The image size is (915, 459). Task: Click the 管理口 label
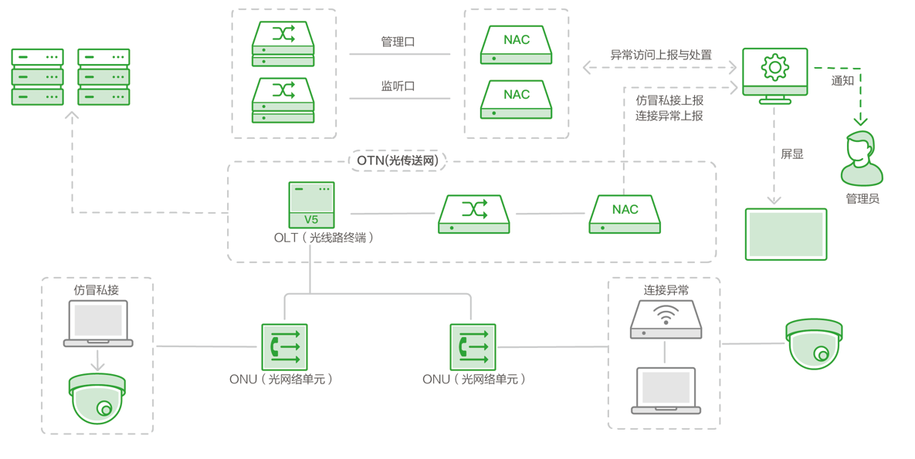(x=398, y=42)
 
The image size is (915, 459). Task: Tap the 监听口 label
(x=398, y=86)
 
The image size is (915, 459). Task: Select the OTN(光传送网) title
(x=398, y=160)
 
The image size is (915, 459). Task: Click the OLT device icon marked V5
(x=311, y=205)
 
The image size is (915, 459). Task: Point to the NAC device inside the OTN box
(x=625, y=214)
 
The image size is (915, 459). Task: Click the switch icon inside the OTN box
(x=473, y=214)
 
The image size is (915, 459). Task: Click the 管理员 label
(x=862, y=199)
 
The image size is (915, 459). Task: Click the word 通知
(x=842, y=80)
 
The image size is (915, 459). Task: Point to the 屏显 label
(x=791, y=154)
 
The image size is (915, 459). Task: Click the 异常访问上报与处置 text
(x=661, y=55)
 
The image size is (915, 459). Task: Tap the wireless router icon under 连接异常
(x=666, y=319)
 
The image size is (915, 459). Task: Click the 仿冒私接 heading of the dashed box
(x=97, y=290)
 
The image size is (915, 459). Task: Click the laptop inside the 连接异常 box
(x=666, y=390)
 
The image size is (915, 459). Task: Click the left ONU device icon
(x=284, y=347)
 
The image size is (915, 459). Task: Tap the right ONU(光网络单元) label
(x=473, y=380)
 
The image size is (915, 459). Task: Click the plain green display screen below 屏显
(x=786, y=234)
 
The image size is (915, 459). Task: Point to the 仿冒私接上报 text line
(x=669, y=100)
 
